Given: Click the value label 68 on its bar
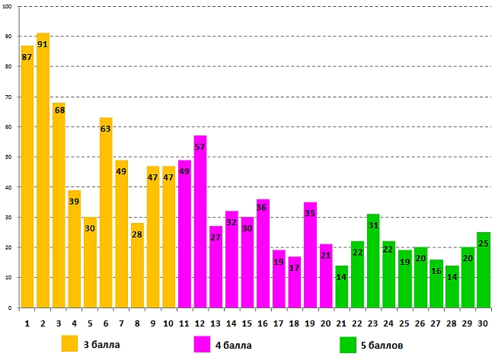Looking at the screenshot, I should click(x=59, y=110).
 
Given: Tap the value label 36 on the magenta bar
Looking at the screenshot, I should click(x=263, y=207).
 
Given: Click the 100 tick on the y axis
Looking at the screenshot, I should click(x=8, y=6).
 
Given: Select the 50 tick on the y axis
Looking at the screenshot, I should click(x=9, y=158).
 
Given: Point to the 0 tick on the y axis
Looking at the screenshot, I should click(x=11, y=308).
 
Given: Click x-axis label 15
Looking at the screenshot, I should click(x=247, y=323).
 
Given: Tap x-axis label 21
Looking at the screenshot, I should click(x=341, y=323).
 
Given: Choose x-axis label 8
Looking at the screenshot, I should click(x=137, y=323).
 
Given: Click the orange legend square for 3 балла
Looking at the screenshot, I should click(x=70, y=344).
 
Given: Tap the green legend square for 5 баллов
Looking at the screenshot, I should click(x=349, y=344).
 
